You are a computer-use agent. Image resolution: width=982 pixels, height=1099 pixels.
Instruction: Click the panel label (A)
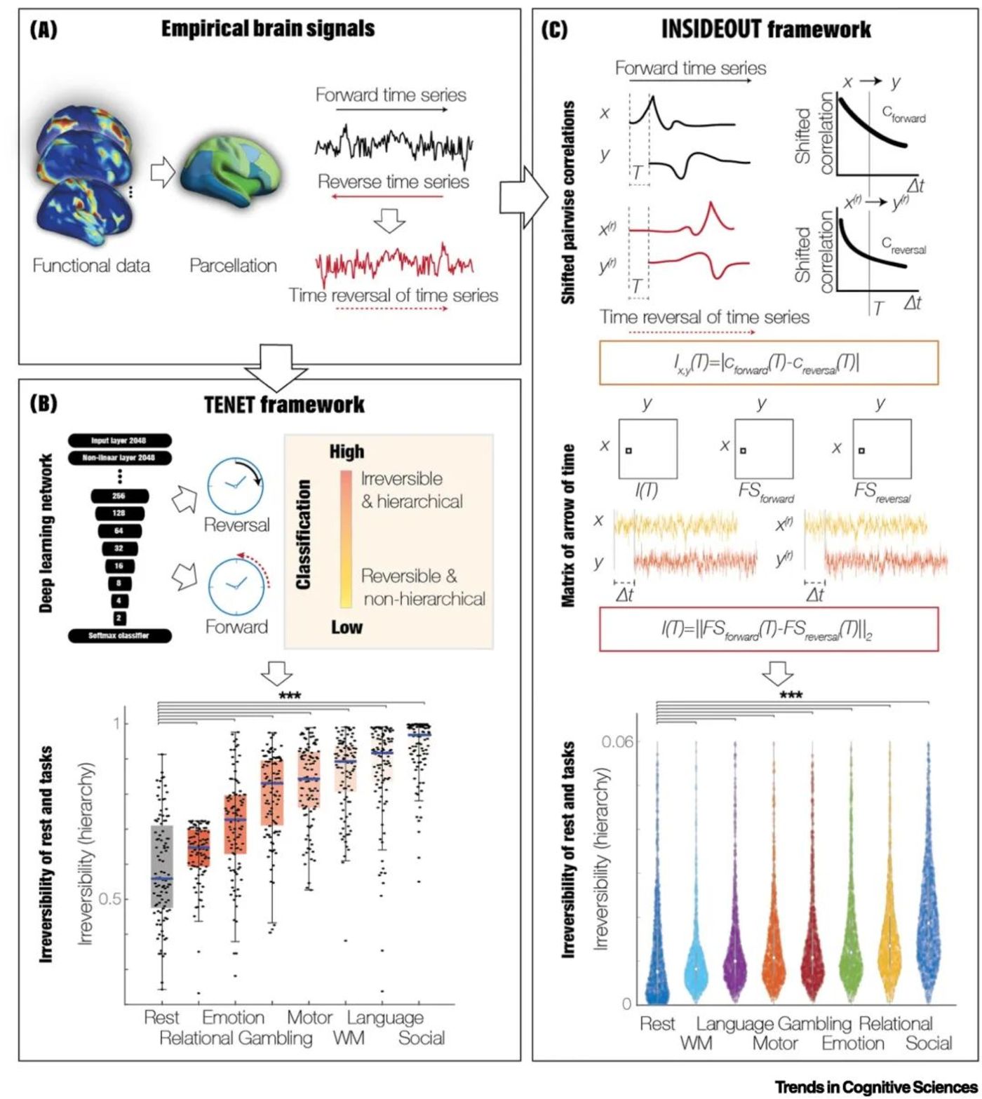click(x=43, y=29)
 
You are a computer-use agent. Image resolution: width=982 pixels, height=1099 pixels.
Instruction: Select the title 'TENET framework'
click(x=284, y=405)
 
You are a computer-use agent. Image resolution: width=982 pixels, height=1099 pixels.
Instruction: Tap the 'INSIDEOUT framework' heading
click(x=766, y=29)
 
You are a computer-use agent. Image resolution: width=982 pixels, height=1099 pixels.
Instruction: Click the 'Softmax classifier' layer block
click(x=119, y=635)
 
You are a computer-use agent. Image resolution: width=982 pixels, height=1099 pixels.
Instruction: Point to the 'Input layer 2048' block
click(x=119, y=440)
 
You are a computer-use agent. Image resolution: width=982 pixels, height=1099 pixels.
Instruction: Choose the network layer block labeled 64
click(x=119, y=531)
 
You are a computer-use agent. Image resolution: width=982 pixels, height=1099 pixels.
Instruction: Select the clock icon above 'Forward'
click(x=235, y=586)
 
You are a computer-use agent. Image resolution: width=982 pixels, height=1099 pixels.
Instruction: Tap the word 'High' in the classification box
click(x=347, y=452)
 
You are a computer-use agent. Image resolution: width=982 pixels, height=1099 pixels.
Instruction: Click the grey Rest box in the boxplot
click(x=162, y=867)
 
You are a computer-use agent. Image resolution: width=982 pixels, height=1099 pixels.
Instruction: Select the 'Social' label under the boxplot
click(x=421, y=1038)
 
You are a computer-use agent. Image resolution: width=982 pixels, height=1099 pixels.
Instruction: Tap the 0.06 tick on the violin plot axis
click(x=617, y=742)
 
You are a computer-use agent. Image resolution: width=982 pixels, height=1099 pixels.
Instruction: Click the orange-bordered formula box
click(x=768, y=363)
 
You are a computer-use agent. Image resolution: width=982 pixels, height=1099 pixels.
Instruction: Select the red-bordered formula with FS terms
click(x=768, y=629)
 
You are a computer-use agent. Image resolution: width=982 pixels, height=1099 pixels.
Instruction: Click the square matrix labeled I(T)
click(x=647, y=449)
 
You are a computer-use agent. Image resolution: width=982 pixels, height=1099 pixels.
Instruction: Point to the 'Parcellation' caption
click(x=233, y=266)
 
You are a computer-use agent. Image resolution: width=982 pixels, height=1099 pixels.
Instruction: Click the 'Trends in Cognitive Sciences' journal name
click(x=877, y=1086)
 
